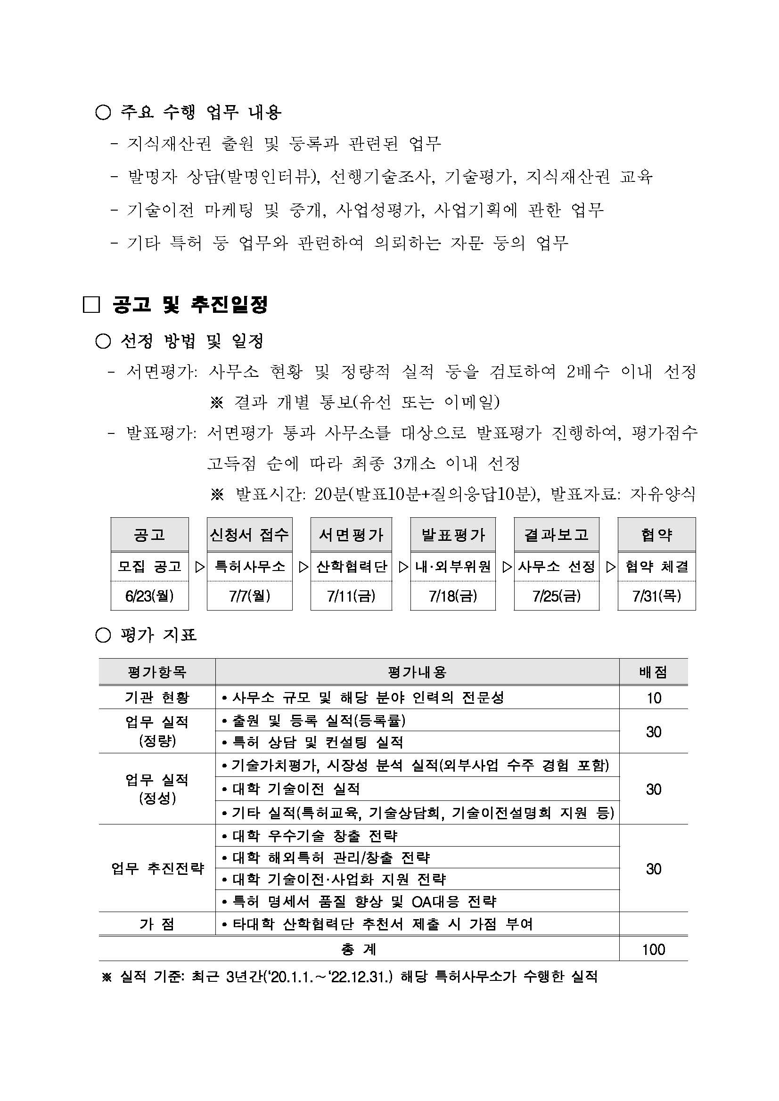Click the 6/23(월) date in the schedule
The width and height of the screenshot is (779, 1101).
click(x=149, y=595)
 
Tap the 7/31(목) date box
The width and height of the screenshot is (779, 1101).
click(x=656, y=595)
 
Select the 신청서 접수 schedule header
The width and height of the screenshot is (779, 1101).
click(x=249, y=535)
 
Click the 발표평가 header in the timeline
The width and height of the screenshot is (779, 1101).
click(x=453, y=535)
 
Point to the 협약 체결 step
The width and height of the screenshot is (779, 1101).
click(x=656, y=567)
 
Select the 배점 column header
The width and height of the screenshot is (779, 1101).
click(x=653, y=672)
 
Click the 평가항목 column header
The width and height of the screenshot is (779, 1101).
click(x=157, y=672)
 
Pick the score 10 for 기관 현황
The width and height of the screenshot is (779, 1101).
click(x=653, y=698)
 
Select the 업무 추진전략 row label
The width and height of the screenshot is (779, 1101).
click(x=157, y=868)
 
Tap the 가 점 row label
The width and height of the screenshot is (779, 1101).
click(x=157, y=923)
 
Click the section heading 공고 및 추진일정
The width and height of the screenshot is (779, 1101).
click(x=190, y=304)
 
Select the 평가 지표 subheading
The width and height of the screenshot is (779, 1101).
click(x=158, y=636)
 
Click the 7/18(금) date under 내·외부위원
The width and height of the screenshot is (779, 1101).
click(x=453, y=595)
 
